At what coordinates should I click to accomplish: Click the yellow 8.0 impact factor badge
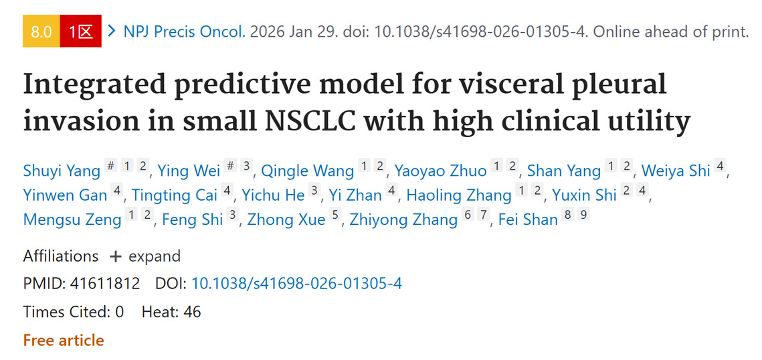(41, 31)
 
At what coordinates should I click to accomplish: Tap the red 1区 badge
(80, 31)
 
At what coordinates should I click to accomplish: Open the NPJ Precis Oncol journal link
(184, 31)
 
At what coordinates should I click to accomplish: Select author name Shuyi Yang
(61, 171)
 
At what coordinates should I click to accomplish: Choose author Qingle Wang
(307, 171)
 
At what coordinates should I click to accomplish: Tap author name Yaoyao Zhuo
(440, 171)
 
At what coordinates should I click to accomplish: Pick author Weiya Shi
(676, 171)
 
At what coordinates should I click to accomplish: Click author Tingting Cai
(175, 195)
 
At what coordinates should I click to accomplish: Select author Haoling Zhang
(459, 195)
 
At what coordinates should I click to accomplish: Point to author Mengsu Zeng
(72, 219)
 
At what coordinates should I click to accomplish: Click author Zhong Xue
(286, 219)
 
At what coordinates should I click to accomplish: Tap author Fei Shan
(528, 219)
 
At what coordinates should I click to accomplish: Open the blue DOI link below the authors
(296, 284)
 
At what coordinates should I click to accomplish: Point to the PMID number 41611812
(104, 284)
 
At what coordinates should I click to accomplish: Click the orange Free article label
(64, 340)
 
